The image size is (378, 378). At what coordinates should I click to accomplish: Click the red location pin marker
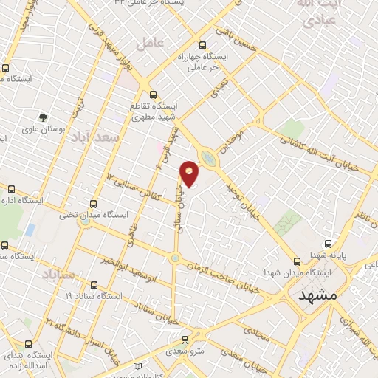tap(190, 173)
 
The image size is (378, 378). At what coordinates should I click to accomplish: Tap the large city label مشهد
tap(317, 294)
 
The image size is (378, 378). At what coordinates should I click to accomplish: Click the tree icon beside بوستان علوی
tap(43, 117)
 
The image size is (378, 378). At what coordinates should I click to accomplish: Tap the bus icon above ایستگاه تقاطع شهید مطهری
tap(154, 94)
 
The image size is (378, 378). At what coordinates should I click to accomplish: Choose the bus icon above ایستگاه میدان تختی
tap(93, 204)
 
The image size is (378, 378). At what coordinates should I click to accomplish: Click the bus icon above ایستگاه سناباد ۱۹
tap(94, 285)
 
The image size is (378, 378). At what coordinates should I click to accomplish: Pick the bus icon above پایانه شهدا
tap(329, 244)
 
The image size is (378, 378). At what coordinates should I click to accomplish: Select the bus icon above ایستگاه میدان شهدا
tap(297, 261)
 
